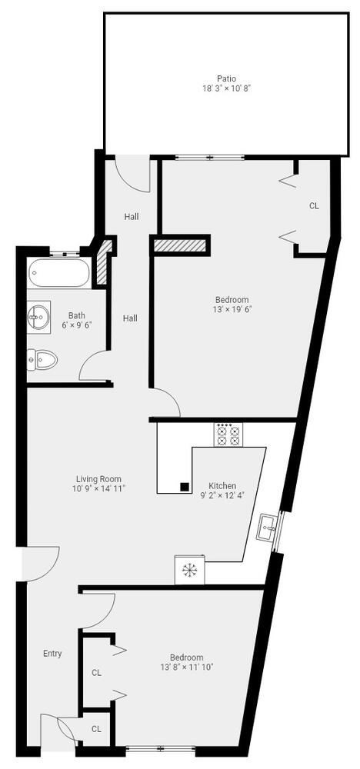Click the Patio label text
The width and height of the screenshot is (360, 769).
click(225, 78)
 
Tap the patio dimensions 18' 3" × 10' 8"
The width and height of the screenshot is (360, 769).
click(225, 88)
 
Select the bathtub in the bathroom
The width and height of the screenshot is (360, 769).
click(58, 273)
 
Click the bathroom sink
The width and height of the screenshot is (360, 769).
click(38, 315)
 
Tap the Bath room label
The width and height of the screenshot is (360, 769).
click(77, 315)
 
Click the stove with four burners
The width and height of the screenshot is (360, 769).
click(228, 435)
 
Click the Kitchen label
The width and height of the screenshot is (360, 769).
click(223, 486)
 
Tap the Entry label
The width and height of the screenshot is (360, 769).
click(52, 654)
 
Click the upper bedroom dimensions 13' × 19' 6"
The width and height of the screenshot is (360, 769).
click(232, 309)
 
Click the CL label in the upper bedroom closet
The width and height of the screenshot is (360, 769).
click(314, 206)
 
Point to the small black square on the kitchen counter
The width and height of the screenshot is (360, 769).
click(185, 486)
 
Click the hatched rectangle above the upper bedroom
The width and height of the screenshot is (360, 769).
click(180, 245)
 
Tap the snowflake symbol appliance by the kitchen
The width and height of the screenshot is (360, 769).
click(189, 570)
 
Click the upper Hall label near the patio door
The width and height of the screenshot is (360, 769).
click(132, 217)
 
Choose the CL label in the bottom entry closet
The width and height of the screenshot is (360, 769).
click(96, 729)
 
